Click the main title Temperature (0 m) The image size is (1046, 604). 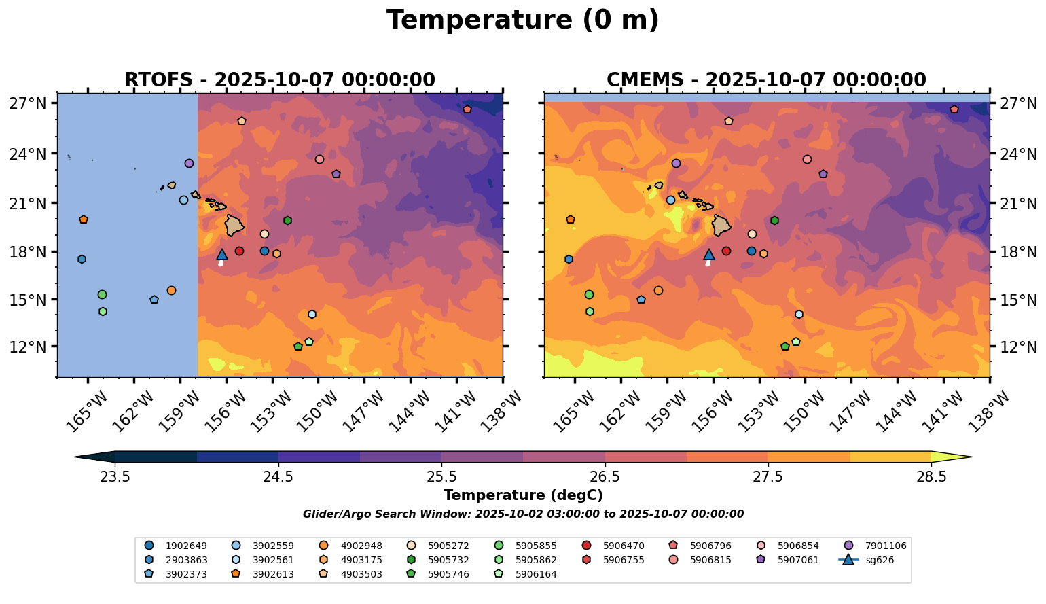(522, 20)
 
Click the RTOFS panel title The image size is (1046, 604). (279, 80)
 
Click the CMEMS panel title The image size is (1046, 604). (766, 80)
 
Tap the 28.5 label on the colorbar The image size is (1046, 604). (931, 476)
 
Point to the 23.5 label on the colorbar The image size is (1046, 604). (115, 476)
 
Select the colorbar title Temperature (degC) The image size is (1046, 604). (522, 495)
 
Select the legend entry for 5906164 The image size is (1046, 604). (536, 575)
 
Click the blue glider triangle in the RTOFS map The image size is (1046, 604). (222, 255)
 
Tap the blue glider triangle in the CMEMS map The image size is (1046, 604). (709, 255)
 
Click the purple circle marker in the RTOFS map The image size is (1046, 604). (189, 163)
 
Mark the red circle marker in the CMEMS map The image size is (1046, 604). (726, 251)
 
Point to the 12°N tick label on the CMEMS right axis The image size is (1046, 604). (1016, 347)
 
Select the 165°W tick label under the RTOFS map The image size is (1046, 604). (86, 410)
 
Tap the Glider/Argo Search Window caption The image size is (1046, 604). (522, 514)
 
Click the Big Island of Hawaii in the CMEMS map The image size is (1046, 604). (721, 226)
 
